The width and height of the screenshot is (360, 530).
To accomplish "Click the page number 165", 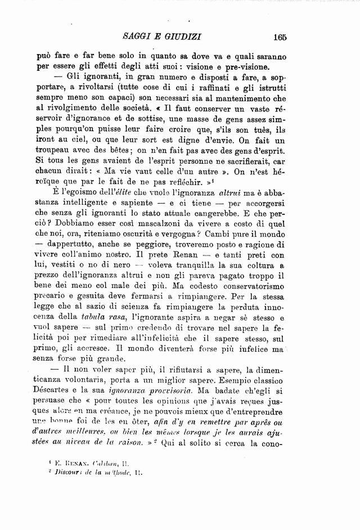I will (278, 38).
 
